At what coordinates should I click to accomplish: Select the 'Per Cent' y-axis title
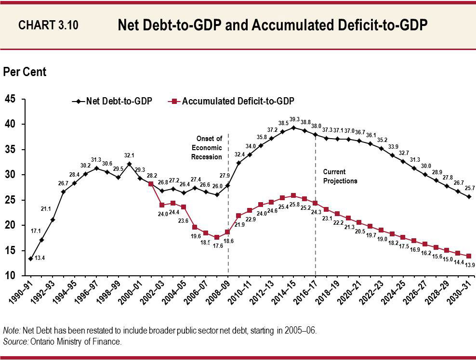pos(25,72)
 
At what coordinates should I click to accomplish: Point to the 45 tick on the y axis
pos(10,99)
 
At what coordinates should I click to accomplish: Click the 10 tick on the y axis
pos(10,276)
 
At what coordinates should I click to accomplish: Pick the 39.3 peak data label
pos(294,119)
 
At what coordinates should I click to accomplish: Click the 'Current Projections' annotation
pos(340,176)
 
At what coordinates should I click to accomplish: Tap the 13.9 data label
pos(470,265)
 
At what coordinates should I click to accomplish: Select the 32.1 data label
pos(129,155)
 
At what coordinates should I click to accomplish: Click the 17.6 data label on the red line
pos(217,246)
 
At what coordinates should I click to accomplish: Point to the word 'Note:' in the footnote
pos(11,332)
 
